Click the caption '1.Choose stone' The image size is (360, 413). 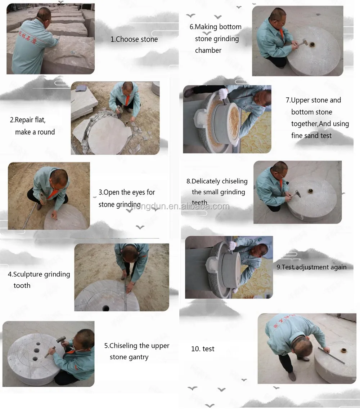134,39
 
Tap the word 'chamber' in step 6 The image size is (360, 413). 208,50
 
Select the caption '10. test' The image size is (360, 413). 203,349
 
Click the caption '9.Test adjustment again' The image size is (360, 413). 311,267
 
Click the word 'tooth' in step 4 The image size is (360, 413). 22,285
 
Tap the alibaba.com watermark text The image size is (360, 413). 180,206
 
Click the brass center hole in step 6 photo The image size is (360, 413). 312,44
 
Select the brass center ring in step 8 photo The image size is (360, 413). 311,191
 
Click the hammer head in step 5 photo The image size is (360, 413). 61,339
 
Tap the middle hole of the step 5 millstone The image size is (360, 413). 36,351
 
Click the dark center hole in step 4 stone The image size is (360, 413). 105,308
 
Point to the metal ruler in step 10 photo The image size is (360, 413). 331,355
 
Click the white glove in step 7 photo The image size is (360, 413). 223,93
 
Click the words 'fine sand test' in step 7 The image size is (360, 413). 311,136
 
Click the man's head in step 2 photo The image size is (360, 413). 128,86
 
